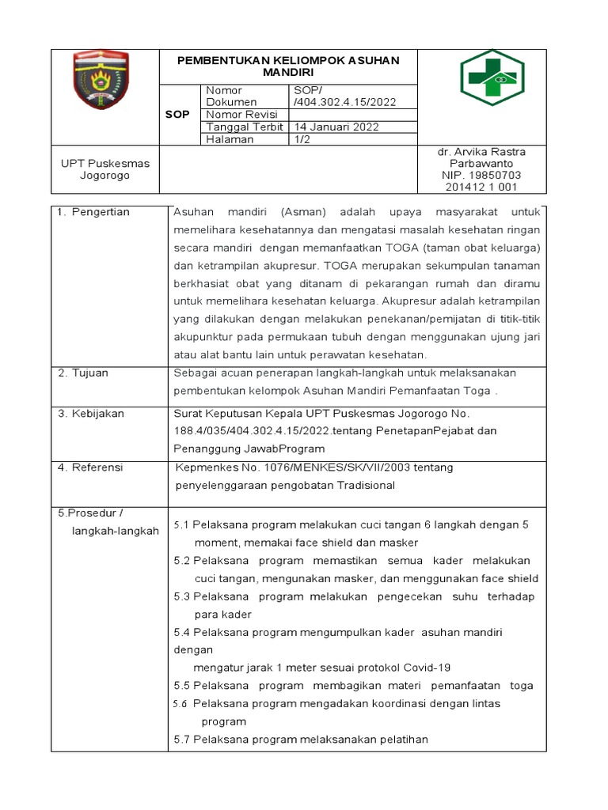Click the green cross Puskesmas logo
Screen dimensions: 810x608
pyautogui.click(x=492, y=83)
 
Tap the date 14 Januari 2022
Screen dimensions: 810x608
pyautogui.click(x=336, y=127)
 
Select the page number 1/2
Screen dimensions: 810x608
pyautogui.click(x=302, y=139)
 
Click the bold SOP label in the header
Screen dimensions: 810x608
pyautogui.click(x=177, y=115)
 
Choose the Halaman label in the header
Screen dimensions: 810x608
pyautogui.click(x=230, y=139)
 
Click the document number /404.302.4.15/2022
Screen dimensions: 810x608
pyautogui.click(x=344, y=102)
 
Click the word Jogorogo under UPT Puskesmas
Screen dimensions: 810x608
pyautogui.click(x=104, y=176)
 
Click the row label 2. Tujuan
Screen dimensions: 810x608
pyautogui.click(x=83, y=373)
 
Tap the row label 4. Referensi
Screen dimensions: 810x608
pyautogui.click(x=90, y=467)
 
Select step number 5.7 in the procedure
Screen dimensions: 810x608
pyautogui.click(x=182, y=740)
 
